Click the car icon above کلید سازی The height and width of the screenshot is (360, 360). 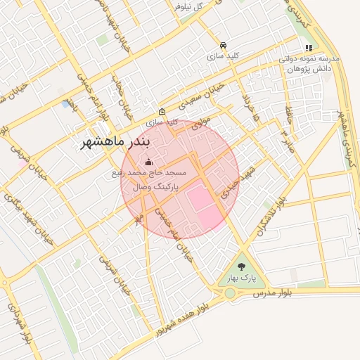coord(223,44)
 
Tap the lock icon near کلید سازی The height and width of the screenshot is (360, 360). coord(162,111)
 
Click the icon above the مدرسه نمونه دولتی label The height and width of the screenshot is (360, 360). coord(308,49)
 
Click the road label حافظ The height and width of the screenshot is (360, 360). coord(290,114)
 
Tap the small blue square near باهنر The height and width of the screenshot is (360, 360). coord(66,104)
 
